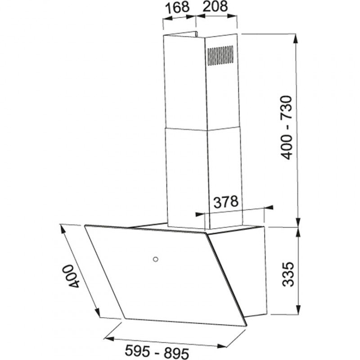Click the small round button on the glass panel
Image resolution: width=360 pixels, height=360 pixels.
pos(155,259)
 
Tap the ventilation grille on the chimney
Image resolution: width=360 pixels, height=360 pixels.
pos(220,56)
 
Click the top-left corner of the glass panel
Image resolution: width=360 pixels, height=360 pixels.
pos(85,225)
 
